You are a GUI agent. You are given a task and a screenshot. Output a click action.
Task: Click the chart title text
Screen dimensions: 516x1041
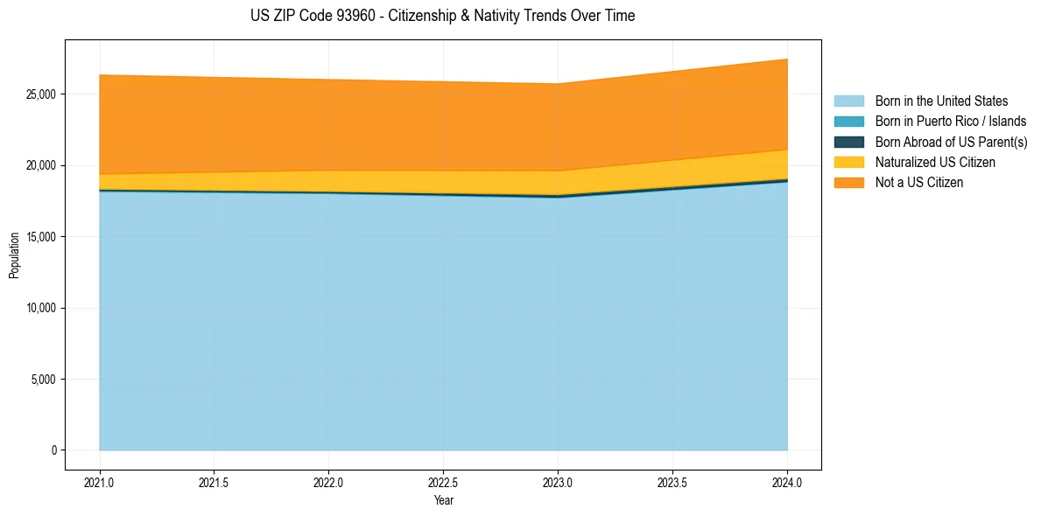click(x=442, y=16)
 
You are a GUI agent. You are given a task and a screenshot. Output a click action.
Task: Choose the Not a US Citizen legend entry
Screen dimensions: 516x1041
click(x=918, y=183)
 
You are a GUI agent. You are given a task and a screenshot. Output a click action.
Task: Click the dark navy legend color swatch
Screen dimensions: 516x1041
click(x=848, y=142)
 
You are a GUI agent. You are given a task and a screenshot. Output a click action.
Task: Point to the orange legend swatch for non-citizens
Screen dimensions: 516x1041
click(x=848, y=183)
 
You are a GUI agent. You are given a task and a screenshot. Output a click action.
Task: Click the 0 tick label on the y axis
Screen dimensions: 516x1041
click(x=53, y=450)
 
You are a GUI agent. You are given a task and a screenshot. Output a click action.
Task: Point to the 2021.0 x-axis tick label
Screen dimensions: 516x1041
click(x=100, y=482)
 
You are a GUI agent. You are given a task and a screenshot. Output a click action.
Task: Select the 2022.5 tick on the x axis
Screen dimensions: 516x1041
click(x=443, y=482)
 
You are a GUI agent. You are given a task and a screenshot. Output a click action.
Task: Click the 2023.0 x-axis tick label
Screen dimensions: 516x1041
click(x=558, y=482)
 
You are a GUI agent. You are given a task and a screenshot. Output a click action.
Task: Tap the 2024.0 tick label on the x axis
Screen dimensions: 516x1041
click(x=787, y=482)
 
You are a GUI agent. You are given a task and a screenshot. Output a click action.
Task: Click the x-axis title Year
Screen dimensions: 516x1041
click(x=443, y=500)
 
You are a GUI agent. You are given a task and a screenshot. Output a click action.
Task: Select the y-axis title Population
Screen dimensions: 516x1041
click(x=14, y=255)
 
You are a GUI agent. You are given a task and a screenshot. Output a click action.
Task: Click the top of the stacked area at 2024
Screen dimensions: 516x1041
click(x=787, y=59)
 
